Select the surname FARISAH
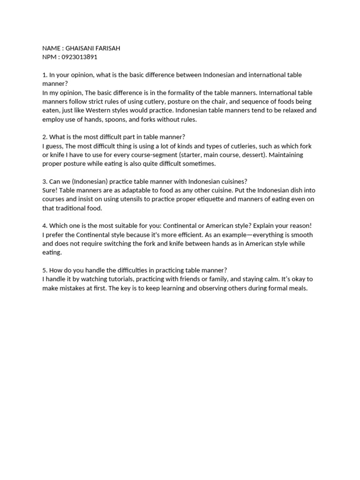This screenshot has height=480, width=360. coord(109,48)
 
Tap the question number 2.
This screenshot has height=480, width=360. coord(44,137)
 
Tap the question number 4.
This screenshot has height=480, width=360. coord(44,225)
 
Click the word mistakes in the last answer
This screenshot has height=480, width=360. coord(71,288)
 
